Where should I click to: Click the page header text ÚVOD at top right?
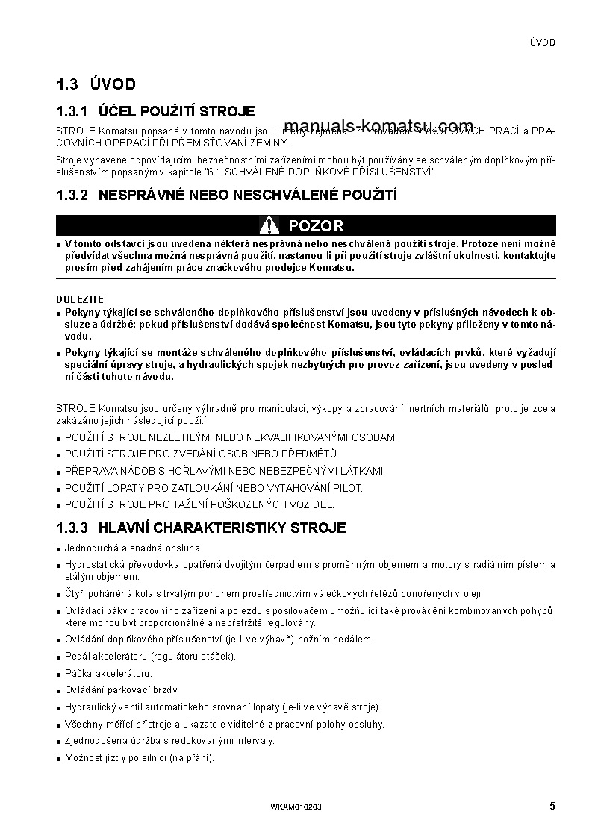point(543,43)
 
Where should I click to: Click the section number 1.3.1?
point(72,112)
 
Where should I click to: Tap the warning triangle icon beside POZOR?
point(269,225)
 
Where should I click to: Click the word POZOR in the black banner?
point(316,225)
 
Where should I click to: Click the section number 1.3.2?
point(72,196)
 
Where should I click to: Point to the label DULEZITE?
point(80,299)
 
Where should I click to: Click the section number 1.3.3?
point(72,528)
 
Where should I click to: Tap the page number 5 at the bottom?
point(552,806)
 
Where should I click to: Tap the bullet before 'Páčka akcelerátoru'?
point(59,675)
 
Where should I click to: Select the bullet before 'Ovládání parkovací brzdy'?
point(59,691)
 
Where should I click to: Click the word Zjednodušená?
point(93,741)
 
